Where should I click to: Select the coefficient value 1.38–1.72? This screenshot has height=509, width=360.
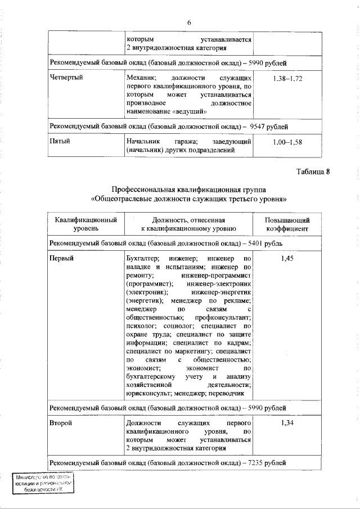tap(287, 79)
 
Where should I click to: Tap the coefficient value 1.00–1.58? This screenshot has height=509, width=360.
tap(287, 142)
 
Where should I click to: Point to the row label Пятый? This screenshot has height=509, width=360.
tap(60, 141)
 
